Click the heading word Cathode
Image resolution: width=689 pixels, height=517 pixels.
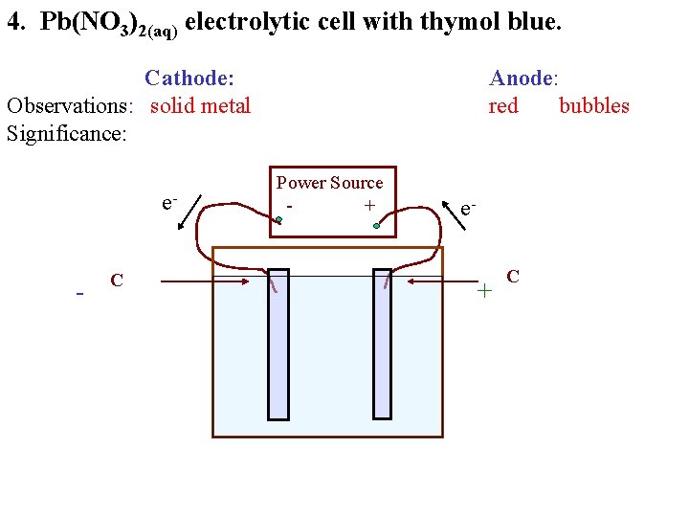[x=189, y=78]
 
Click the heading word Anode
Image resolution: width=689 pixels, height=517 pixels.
[x=522, y=78]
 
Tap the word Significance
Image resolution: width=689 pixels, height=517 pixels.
[x=66, y=133]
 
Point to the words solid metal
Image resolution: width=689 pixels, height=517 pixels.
[x=200, y=105]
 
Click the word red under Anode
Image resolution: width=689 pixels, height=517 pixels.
[x=503, y=105]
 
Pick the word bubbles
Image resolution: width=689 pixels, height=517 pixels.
[x=594, y=105]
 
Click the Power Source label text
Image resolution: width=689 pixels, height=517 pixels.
[x=329, y=183]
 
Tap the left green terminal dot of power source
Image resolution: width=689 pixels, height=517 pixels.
[x=278, y=221]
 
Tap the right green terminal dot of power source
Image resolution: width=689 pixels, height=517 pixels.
[x=378, y=226]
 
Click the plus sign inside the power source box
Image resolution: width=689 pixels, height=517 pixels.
[x=368, y=205]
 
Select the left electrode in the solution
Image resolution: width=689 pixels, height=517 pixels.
[x=278, y=344]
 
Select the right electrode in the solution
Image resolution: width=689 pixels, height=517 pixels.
[x=382, y=344]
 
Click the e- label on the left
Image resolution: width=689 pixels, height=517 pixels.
[x=169, y=203]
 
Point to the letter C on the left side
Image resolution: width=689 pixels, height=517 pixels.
[x=116, y=281]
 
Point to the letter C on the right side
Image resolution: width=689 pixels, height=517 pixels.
[x=513, y=277]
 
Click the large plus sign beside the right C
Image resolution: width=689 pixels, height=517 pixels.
[x=485, y=289]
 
